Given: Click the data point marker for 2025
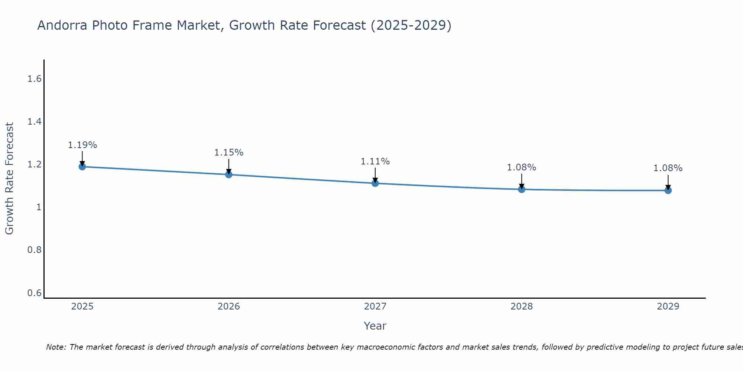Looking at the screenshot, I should click(x=82, y=167).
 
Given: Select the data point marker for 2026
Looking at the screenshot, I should click(x=229, y=174).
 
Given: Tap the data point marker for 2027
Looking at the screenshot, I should click(x=375, y=183).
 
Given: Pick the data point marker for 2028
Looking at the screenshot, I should click(x=522, y=189).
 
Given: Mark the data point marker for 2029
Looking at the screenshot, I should click(x=668, y=190).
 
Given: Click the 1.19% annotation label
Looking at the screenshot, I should click(x=82, y=145).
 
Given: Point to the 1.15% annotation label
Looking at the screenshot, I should click(x=229, y=153).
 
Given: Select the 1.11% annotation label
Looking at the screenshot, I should click(x=375, y=161).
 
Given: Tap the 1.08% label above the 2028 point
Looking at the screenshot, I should click(x=522, y=167).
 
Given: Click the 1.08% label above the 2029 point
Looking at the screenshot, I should click(x=668, y=168).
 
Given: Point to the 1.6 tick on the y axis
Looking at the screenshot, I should click(x=34, y=79).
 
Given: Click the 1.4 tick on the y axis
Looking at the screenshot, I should click(x=34, y=122).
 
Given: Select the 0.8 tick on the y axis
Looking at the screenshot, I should click(x=34, y=250).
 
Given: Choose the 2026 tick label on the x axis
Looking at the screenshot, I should click(x=229, y=307).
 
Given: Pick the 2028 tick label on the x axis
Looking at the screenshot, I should click(x=522, y=307).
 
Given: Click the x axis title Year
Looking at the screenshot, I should click(x=375, y=326).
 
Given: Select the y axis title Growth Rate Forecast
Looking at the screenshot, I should click(x=9, y=179).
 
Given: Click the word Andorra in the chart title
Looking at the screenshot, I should click(x=63, y=25).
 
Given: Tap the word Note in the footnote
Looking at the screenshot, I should click(x=56, y=347).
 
